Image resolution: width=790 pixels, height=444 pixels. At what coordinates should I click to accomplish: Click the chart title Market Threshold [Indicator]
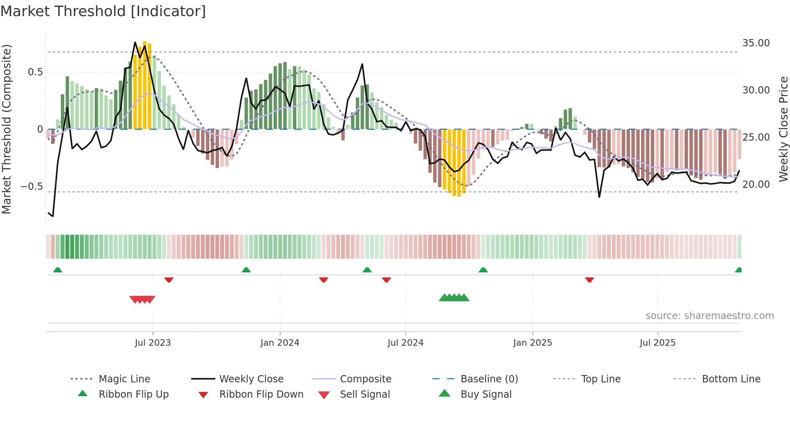point(103,11)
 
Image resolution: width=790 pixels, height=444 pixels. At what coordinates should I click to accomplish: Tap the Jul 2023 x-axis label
point(153,343)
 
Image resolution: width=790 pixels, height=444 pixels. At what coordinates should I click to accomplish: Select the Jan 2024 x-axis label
point(280,343)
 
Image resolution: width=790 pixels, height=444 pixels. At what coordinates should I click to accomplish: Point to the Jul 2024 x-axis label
point(405,343)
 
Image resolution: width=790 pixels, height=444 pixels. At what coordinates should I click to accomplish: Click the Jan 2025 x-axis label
point(532,343)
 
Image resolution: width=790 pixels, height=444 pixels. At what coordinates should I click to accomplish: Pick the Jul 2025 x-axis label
point(657,343)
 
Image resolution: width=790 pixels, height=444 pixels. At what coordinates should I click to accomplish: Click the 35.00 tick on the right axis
point(756,43)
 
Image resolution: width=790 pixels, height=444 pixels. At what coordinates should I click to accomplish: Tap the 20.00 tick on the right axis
point(756,185)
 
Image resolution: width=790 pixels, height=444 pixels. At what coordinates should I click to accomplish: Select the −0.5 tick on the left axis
point(32,187)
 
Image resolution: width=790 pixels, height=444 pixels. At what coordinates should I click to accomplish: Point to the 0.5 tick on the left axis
point(35,72)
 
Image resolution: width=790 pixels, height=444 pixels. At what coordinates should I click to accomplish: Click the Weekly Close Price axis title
point(783,129)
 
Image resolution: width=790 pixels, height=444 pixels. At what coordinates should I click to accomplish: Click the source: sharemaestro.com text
point(709,316)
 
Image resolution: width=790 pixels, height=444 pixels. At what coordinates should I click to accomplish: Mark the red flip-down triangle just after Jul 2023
point(169,280)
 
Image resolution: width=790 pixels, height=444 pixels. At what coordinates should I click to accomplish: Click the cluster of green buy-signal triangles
point(454,298)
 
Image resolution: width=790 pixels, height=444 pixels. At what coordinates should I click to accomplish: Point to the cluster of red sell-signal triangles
point(142,299)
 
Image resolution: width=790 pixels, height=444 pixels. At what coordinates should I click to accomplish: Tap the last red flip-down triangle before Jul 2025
point(589,280)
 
